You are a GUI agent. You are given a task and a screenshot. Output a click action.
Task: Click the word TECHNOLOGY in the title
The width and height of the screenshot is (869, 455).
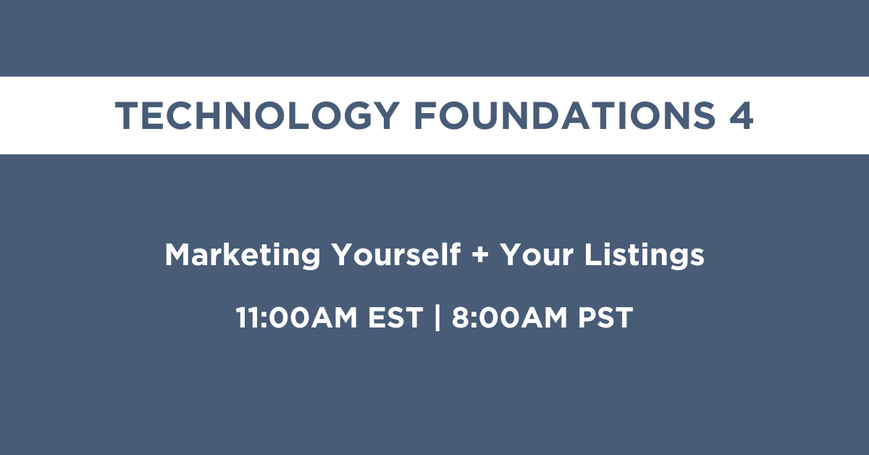click(x=258, y=115)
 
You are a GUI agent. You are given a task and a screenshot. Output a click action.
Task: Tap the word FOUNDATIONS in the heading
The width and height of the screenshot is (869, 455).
click(x=565, y=115)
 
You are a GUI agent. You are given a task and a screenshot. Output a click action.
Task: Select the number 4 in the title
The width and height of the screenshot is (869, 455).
click(x=742, y=115)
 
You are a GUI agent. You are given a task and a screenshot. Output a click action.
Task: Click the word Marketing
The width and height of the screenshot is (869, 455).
click(x=243, y=255)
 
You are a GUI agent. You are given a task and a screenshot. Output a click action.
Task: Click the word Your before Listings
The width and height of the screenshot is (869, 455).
click(x=537, y=255)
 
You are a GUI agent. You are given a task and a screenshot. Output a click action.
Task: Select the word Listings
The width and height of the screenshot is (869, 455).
click(x=645, y=255)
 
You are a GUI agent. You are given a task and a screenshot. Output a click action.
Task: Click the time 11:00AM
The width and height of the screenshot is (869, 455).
click(x=296, y=317)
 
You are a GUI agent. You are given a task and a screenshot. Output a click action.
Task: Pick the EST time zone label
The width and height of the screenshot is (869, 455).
click(x=395, y=317)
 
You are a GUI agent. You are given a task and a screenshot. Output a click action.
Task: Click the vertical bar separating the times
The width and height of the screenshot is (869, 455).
click(x=437, y=317)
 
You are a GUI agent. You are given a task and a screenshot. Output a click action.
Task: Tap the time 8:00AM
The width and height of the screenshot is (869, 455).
click(x=510, y=317)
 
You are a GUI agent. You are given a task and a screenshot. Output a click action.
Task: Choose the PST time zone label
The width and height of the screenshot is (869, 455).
click(x=605, y=317)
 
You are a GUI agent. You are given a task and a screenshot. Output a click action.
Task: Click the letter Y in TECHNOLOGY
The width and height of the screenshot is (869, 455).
click(x=385, y=115)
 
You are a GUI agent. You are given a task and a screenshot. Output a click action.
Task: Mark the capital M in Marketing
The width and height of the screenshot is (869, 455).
click(x=178, y=255)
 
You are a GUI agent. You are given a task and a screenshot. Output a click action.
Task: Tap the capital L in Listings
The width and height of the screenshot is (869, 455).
click(x=594, y=255)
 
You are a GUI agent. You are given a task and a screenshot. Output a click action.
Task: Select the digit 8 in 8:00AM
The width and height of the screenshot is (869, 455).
click(x=461, y=317)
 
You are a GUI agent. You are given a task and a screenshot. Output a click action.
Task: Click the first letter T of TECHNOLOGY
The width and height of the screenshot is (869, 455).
click(x=127, y=115)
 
